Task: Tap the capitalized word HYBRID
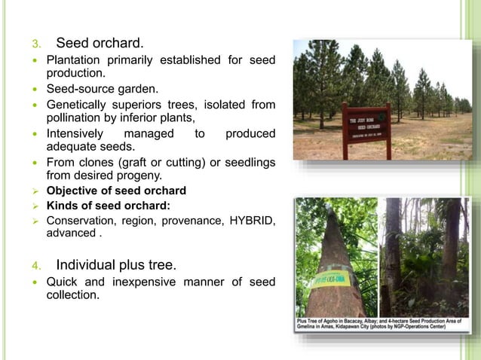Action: (242, 220)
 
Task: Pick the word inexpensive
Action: (154, 282)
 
